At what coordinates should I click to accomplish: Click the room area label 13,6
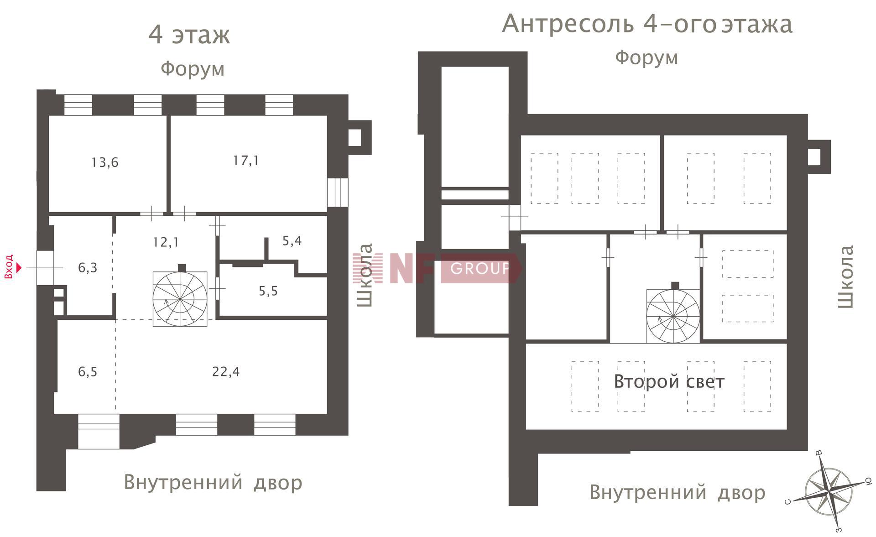click(x=104, y=162)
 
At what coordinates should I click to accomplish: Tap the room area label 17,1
click(x=246, y=161)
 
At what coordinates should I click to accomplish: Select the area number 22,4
click(x=226, y=372)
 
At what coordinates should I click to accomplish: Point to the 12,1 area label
click(x=166, y=242)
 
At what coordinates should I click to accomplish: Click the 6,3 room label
click(x=88, y=268)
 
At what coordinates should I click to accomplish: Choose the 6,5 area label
click(x=88, y=372)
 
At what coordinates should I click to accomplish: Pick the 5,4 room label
click(x=292, y=240)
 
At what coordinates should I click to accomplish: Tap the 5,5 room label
click(x=268, y=291)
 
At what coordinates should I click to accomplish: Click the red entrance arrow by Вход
click(x=19, y=268)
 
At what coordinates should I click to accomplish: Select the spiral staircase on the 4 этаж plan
click(x=180, y=299)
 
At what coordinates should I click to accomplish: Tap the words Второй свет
click(x=669, y=381)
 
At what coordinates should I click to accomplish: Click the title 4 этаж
click(x=189, y=35)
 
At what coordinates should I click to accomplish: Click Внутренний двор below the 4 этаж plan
click(x=213, y=482)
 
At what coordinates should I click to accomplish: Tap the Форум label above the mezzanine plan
click(x=647, y=58)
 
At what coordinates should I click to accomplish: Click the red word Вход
click(x=8, y=266)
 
